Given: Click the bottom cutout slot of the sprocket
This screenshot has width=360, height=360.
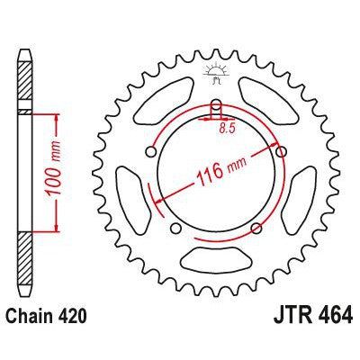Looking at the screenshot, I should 216,270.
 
